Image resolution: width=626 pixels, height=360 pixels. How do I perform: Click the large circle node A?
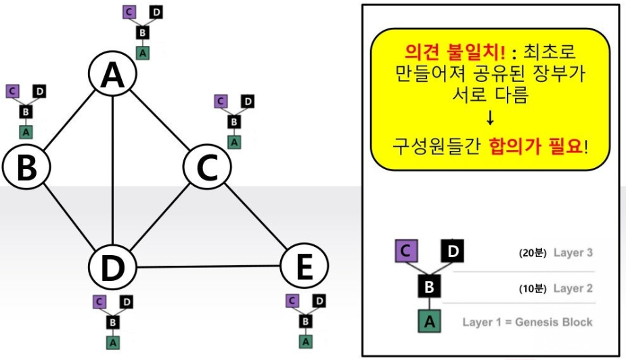tap(112, 76)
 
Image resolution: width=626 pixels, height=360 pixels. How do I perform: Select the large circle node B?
tap(26, 167)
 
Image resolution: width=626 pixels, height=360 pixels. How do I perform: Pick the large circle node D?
tap(113, 267)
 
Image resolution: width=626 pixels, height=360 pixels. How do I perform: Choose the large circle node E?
tap(304, 267)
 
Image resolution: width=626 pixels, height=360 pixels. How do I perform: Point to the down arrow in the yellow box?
tap(490, 120)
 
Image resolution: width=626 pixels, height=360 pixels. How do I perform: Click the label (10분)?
tap(532, 288)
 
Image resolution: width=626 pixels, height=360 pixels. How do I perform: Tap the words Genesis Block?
tap(554, 321)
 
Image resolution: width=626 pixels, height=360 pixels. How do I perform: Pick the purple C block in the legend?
tap(405, 252)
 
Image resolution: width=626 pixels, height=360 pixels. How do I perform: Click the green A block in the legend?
tap(428, 321)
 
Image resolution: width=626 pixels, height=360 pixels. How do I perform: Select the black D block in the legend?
tap(452, 252)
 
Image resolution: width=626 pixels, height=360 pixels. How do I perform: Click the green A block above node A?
tap(141, 53)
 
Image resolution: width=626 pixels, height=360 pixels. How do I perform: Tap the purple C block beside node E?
tap(292, 300)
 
